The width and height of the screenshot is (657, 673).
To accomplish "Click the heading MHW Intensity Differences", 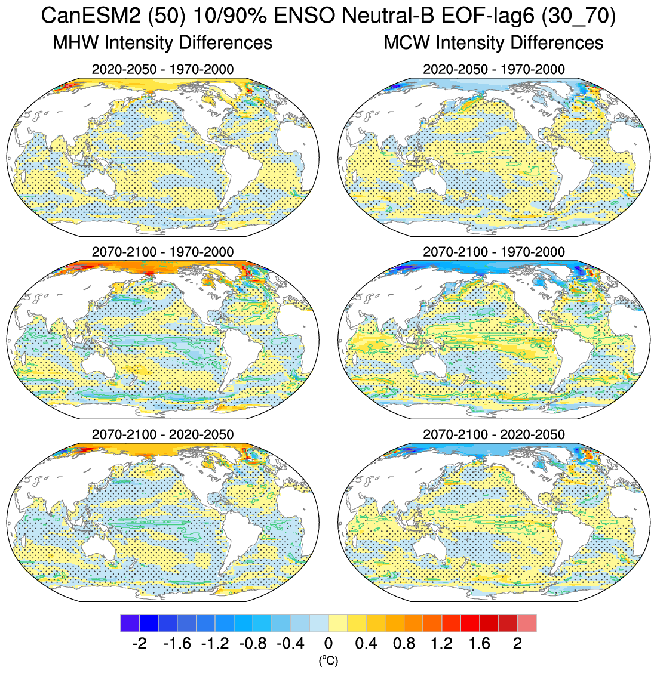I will tap(162, 42).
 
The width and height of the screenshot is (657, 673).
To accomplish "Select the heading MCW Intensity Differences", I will tap(493, 42).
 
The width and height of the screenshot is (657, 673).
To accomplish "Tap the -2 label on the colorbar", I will tap(139, 644).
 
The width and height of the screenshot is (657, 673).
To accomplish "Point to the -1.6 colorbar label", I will tap(177, 644).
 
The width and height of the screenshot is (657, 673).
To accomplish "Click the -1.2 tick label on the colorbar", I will tap(215, 644).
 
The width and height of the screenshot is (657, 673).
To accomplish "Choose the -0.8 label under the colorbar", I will tap(253, 644).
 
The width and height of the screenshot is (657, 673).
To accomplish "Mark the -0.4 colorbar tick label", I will tap(290, 644).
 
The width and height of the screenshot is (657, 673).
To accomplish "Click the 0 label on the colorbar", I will tap(328, 644).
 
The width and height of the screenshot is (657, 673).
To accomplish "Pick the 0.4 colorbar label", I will tap(366, 644).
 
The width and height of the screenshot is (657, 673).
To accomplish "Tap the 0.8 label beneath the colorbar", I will tap(404, 644).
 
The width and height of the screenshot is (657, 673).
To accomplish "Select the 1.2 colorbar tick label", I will tap(442, 644).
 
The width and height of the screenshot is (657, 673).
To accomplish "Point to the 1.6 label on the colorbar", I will tap(480, 644).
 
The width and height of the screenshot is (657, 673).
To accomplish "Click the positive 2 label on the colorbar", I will tap(518, 644).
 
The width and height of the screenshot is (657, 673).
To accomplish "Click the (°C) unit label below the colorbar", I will tap(328, 660).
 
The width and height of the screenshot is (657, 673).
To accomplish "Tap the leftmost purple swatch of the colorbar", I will tap(130, 623).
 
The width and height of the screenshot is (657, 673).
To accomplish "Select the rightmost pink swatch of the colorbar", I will tap(527, 623).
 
